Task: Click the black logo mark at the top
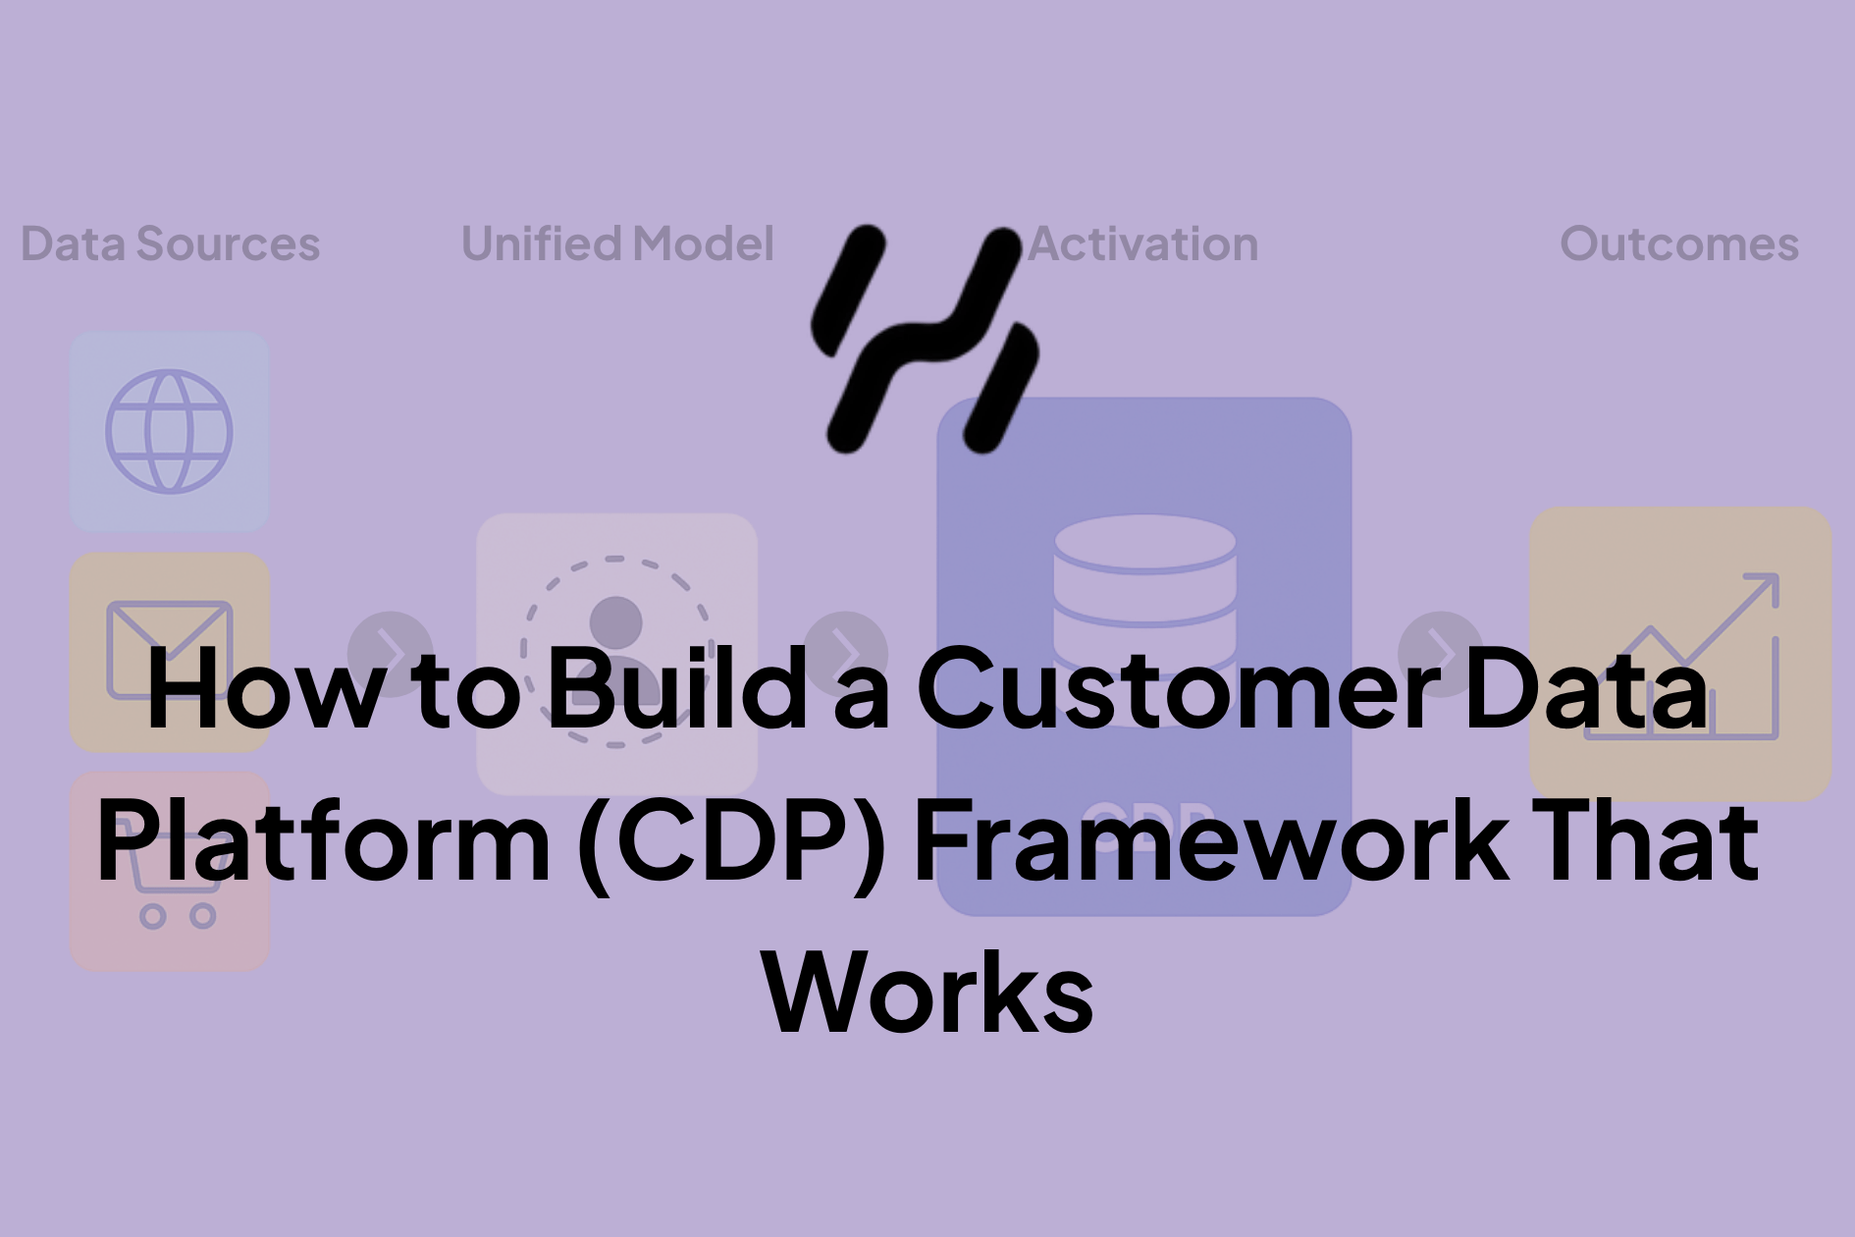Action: click(x=925, y=339)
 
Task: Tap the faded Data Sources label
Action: click(x=171, y=243)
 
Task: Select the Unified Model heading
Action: click(x=617, y=243)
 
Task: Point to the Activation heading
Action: click(x=1144, y=243)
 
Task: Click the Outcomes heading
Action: click(x=1679, y=243)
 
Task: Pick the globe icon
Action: click(x=169, y=431)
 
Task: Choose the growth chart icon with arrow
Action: click(x=1680, y=656)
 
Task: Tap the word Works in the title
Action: click(x=927, y=993)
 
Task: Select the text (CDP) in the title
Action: click(x=732, y=842)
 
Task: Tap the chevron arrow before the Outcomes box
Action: click(x=1440, y=653)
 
